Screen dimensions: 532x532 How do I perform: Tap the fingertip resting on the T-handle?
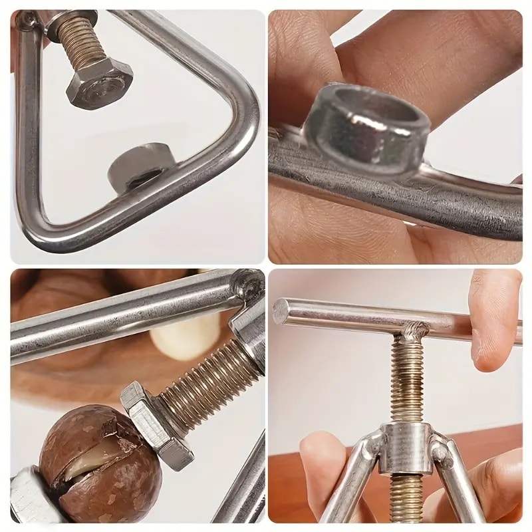pyautogui.click(x=495, y=332)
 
